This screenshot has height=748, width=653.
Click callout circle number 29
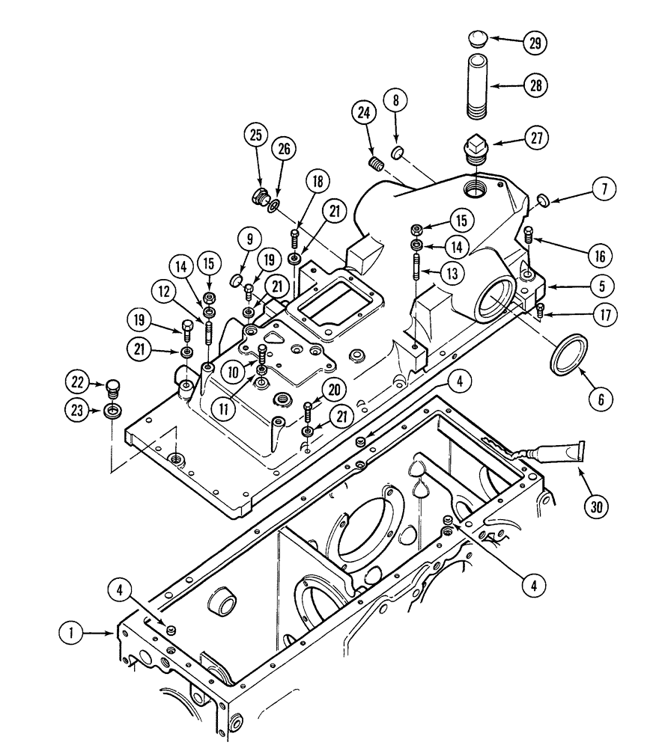click(x=534, y=43)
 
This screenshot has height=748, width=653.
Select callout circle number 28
click(x=534, y=87)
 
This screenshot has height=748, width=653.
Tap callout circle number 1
click(x=71, y=634)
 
